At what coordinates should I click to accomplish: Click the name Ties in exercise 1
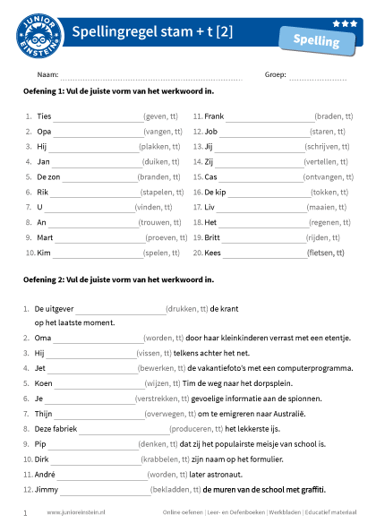pos(44,116)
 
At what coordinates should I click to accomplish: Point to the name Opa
pos(44,132)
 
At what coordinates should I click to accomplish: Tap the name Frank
pos(214,116)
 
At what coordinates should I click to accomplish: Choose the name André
pos(46,474)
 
